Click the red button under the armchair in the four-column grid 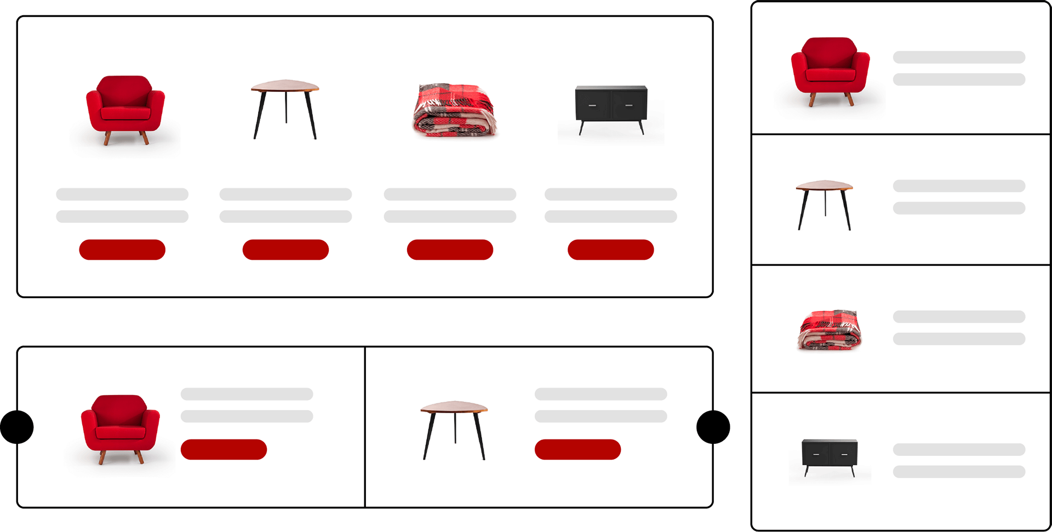click(122, 250)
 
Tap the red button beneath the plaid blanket click(450, 250)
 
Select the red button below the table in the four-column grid click(285, 250)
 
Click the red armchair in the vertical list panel click(830, 71)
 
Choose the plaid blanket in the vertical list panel click(830, 329)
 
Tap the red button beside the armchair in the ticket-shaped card click(224, 449)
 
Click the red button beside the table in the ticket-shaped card click(578, 449)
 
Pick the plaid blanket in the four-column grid click(454, 109)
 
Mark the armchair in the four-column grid click(125, 109)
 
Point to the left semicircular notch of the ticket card click(25, 427)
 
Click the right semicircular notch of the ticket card click(705, 427)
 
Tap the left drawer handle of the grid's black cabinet click(592, 105)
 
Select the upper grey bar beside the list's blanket click(959, 316)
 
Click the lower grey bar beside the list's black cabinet click(959, 472)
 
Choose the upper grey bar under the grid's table click(285, 194)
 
